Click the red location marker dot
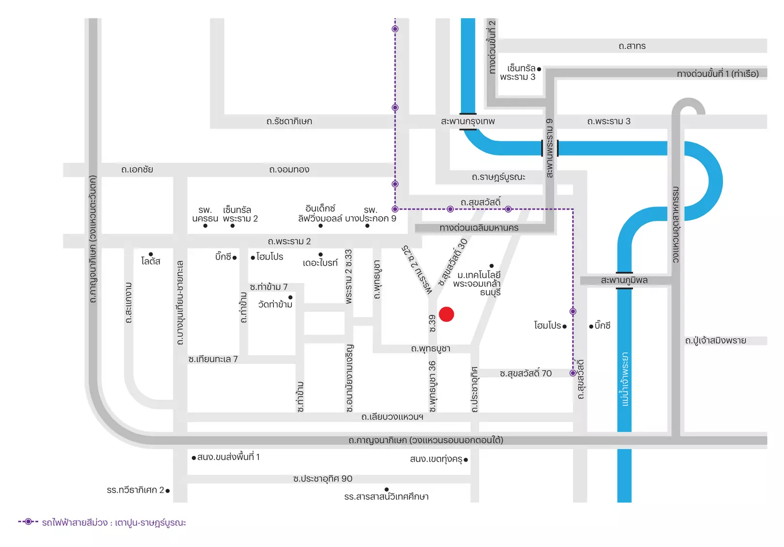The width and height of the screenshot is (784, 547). click(x=446, y=314)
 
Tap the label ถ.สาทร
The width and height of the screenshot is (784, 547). click(x=632, y=46)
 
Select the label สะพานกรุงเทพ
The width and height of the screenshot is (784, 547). click(x=467, y=121)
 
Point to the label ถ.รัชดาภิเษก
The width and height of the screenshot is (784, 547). click(x=289, y=121)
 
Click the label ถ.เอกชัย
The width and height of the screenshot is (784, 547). click(x=137, y=170)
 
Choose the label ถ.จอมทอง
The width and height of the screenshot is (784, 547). click(x=289, y=170)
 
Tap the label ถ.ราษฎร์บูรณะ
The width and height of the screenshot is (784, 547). click(x=498, y=177)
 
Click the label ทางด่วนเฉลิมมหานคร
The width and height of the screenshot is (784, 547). click(x=479, y=228)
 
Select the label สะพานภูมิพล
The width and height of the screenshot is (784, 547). click(x=624, y=281)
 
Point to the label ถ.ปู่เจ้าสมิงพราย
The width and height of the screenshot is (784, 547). click(x=715, y=340)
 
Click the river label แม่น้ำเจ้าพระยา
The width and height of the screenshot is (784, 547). click(x=625, y=379)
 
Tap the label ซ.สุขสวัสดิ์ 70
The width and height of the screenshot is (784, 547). click(x=526, y=373)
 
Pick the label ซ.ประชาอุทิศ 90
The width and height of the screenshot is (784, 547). click(x=323, y=479)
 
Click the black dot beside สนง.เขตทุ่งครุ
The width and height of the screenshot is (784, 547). click(x=466, y=460)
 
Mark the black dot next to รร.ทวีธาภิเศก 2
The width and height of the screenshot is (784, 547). click(x=167, y=491)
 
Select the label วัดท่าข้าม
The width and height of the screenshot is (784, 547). click(x=275, y=304)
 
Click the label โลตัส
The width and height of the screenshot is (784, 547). click(x=151, y=261)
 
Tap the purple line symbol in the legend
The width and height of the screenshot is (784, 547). click(x=28, y=522)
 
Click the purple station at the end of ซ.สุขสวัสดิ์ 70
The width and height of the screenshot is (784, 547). click(x=573, y=373)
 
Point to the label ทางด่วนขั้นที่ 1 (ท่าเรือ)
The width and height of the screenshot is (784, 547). click(x=718, y=74)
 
